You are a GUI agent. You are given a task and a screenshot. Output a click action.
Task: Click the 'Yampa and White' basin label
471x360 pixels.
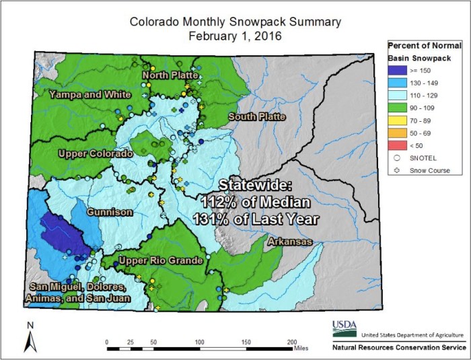click(x=89, y=95)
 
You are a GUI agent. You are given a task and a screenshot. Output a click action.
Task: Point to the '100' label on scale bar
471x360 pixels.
click(x=200, y=342)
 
